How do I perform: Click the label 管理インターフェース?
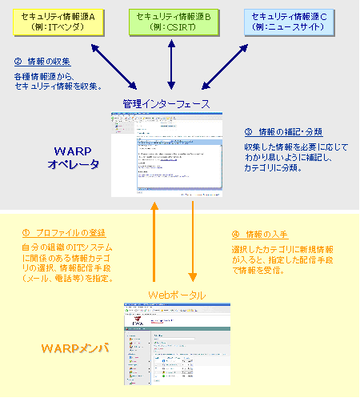point(166,104)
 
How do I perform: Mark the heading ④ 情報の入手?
point(260,235)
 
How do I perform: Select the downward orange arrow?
point(192,244)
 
